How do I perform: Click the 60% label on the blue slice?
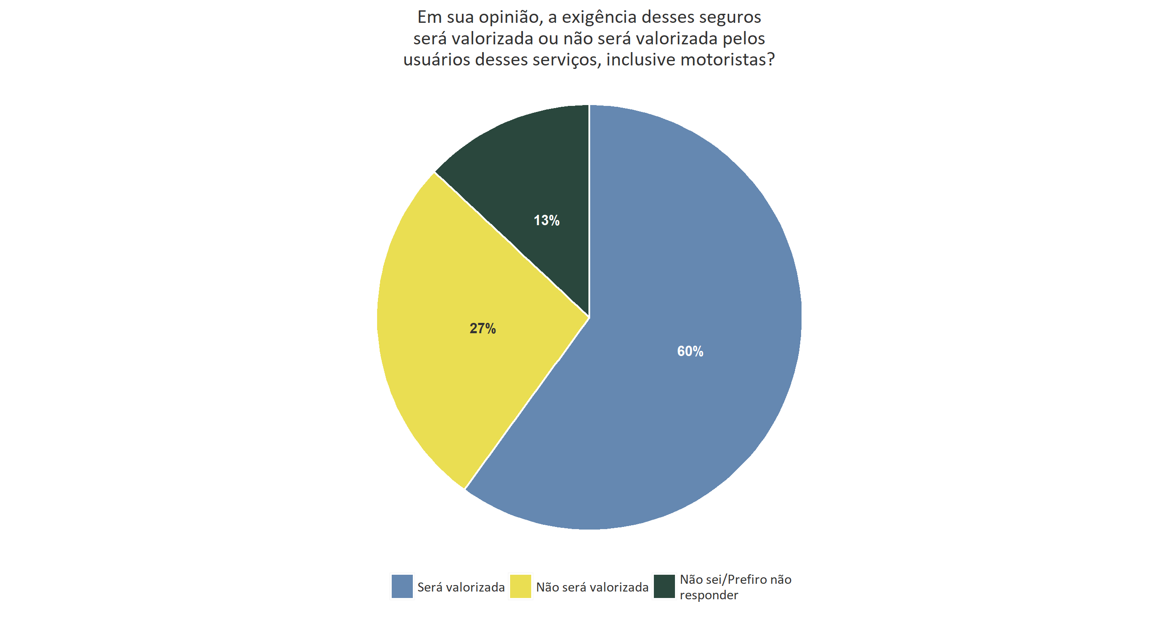pos(690,351)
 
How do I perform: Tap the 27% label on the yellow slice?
pos(483,328)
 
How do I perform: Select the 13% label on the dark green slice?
pos(546,221)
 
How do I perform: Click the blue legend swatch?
pos(402,586)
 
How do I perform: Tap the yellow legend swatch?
pos(520,586)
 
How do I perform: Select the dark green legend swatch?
pos(664,586)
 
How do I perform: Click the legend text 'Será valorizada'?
pos(461,588)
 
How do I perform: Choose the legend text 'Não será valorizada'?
pos(592,588)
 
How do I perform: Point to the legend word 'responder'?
pos(709,595)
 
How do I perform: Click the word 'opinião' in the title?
pos(509,18)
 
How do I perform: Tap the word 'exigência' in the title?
pos(598,18)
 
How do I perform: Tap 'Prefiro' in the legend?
pos(747,580)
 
